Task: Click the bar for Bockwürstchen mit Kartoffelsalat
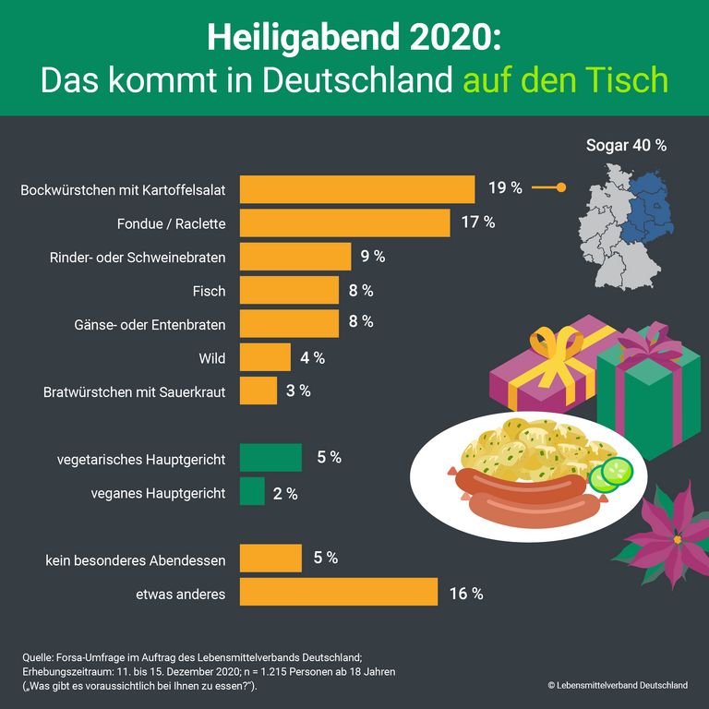357,189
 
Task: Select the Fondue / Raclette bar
344,222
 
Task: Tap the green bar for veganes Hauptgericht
252,491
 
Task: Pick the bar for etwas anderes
338,592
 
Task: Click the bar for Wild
265,356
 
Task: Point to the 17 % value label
477,222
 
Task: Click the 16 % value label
465,593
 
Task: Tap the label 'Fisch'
209,290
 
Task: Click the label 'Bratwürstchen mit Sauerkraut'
135,391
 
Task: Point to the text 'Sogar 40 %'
626,145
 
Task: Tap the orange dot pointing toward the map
561,188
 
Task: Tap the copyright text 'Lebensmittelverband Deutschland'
622,685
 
